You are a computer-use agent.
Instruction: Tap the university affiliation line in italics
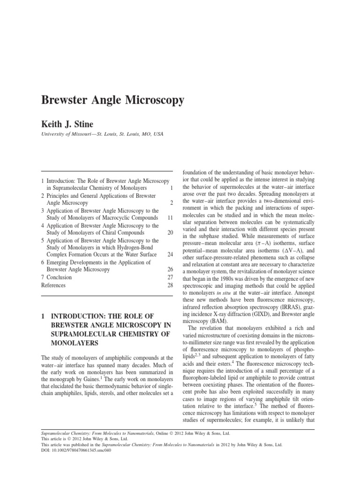pyautogui.click(x=103, y=134)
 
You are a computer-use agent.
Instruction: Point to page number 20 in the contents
pyautogui.click(x=170, y=233)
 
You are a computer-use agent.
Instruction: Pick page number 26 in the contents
pyautogui.click(x=170, y=270)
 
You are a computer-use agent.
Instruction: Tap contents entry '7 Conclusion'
pyautogui.click(x=57, y=277)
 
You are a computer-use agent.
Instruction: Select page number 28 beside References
pyautogui.click(x=170, y=285)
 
